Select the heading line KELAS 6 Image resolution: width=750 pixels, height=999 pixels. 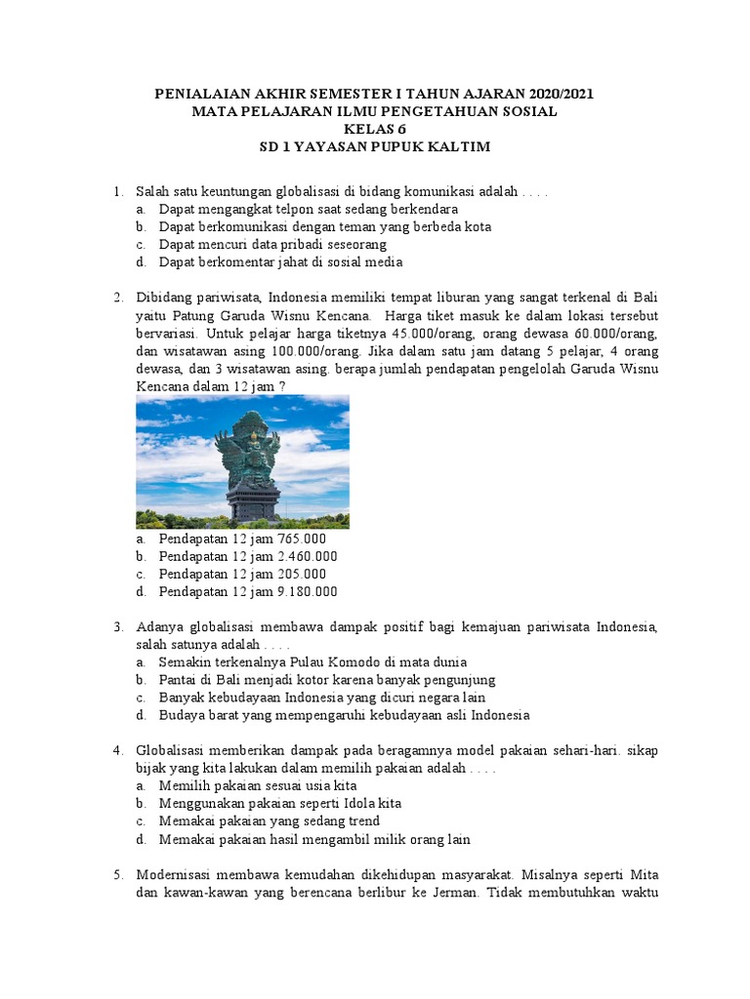[374, 129]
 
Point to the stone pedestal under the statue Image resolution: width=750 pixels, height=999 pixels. [253, 500]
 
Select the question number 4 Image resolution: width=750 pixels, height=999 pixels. [117, 749]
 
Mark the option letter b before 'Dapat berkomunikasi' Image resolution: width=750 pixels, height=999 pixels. [142, 226]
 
